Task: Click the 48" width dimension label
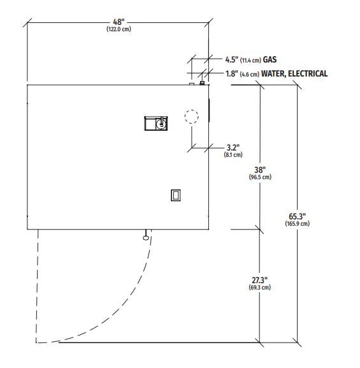119,22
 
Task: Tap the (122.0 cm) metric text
119,29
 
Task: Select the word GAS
270,59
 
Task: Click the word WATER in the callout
273,74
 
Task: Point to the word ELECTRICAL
308,74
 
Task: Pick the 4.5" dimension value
232,59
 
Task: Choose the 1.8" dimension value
232,74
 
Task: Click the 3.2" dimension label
233,147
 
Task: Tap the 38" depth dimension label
260,170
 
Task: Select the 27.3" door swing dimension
260,280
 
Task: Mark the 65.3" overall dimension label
298,216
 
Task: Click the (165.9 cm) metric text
298,223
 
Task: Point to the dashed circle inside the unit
192,110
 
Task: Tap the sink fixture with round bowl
156,123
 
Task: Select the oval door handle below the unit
146,238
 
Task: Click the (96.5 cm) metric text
260,177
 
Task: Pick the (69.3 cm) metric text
260,287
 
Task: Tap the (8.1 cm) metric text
233,155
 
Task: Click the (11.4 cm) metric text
250,61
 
